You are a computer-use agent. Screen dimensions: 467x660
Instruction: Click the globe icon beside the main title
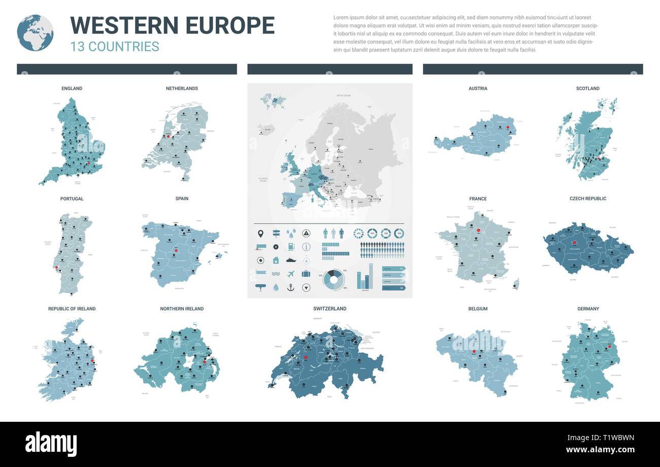(x=35, y=33)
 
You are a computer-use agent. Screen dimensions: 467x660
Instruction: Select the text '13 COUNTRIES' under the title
(x=115, y=46)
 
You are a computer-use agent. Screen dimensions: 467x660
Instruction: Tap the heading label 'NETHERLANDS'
(x=182, y=88)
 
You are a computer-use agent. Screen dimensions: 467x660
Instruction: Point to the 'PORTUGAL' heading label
(x=72, y=199)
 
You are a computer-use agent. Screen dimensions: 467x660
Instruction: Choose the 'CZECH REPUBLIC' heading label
(x=588, y=199)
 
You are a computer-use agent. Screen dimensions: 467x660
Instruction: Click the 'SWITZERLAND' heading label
(x=330, y=308)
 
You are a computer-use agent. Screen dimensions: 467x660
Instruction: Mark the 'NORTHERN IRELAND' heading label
(x=182, y=308)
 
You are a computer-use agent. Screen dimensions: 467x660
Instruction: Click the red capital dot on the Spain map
(x=176, y=250)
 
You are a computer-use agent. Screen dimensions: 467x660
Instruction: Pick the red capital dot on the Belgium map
(x=473, y=352)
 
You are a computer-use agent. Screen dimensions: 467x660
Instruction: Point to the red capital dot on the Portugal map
(x=57, y=267)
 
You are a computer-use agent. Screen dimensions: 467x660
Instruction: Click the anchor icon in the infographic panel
(x=291, y=288)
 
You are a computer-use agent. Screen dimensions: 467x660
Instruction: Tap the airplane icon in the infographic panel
(x=291, y=274)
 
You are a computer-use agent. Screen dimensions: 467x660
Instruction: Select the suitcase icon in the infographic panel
(x=306, y=274)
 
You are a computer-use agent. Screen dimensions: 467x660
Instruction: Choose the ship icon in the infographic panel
(x=291, y=260)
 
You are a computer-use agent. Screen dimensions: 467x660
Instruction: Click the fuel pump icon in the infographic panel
(x=291, y=247)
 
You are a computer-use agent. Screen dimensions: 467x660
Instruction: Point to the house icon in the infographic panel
(x=276, y=260)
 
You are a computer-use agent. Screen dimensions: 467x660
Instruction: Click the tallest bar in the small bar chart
(x=371, y=276)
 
